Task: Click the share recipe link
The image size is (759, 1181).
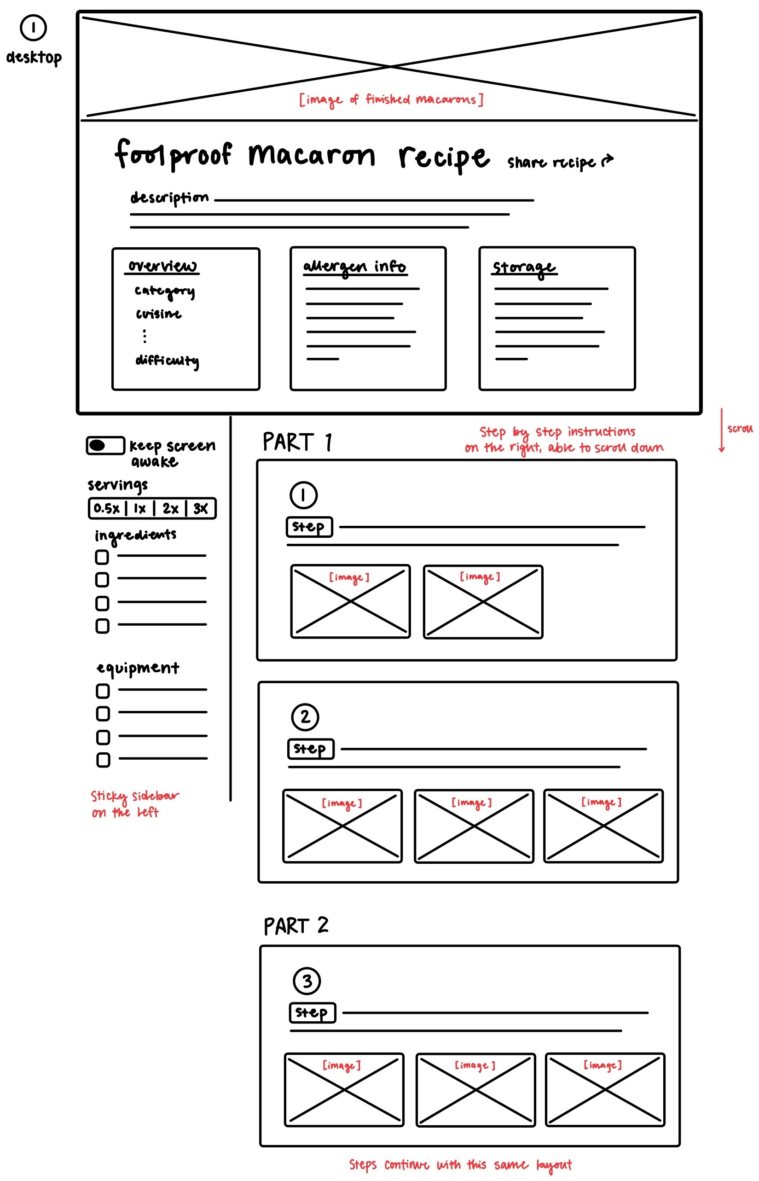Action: click(560, 162)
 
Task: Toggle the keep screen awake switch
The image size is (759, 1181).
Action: click(105, 445)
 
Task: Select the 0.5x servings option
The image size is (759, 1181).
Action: click(106, 508)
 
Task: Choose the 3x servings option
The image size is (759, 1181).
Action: click(201, 508)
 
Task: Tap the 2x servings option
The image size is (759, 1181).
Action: click(170, 508)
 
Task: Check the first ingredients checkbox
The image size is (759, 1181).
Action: click(102, 557)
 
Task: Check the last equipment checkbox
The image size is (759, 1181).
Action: click(103, 760)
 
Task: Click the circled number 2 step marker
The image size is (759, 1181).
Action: click(305, 717)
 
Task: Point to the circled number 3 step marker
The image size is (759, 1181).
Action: click(307, 981)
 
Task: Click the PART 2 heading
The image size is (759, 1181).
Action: click(295, 925)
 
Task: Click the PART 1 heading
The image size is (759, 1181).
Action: click(297, 442)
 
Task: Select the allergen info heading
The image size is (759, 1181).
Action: click(354, 267)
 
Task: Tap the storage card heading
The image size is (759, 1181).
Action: click(524, 268)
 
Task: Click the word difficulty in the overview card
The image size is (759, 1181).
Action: click(167, 361)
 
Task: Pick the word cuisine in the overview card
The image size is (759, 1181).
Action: click(158, 314)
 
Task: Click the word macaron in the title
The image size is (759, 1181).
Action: click(312, 155)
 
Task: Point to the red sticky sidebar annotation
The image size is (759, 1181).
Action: click(134, 804)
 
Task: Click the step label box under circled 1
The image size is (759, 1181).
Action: click(309, 526)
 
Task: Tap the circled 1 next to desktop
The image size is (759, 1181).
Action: click(33, 28)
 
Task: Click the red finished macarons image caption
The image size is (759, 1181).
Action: click(391, 99)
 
